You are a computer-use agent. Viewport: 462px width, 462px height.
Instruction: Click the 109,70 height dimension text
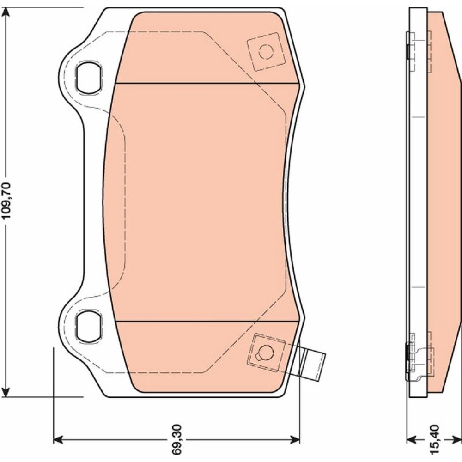6,201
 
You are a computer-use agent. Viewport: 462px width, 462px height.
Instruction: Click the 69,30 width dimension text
177,439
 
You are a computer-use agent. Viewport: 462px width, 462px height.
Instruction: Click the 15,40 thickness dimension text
434,439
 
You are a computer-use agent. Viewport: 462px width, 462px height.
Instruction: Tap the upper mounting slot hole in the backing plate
89,78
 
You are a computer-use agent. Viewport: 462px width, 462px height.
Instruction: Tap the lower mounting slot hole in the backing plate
89,326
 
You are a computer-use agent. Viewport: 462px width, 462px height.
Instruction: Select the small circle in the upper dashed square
266,52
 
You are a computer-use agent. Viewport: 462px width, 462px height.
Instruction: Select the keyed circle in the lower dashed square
266,353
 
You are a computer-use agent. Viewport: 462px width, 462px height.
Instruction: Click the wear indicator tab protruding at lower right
312,364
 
